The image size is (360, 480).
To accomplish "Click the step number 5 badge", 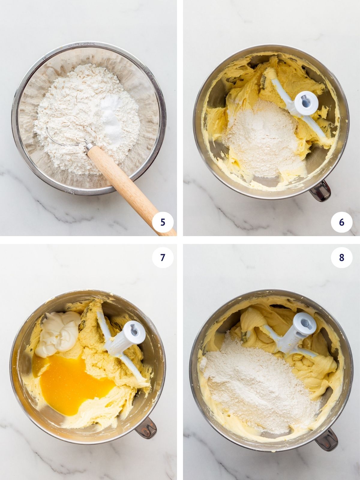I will click(x=163, y=222).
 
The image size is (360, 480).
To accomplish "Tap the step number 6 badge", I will click(x=341, y=222).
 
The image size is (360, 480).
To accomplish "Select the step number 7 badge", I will click(x=163, y=257).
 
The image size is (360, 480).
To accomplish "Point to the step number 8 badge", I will click(x=341, y=257).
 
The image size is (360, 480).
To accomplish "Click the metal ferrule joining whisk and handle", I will click(x=90, y=147).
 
